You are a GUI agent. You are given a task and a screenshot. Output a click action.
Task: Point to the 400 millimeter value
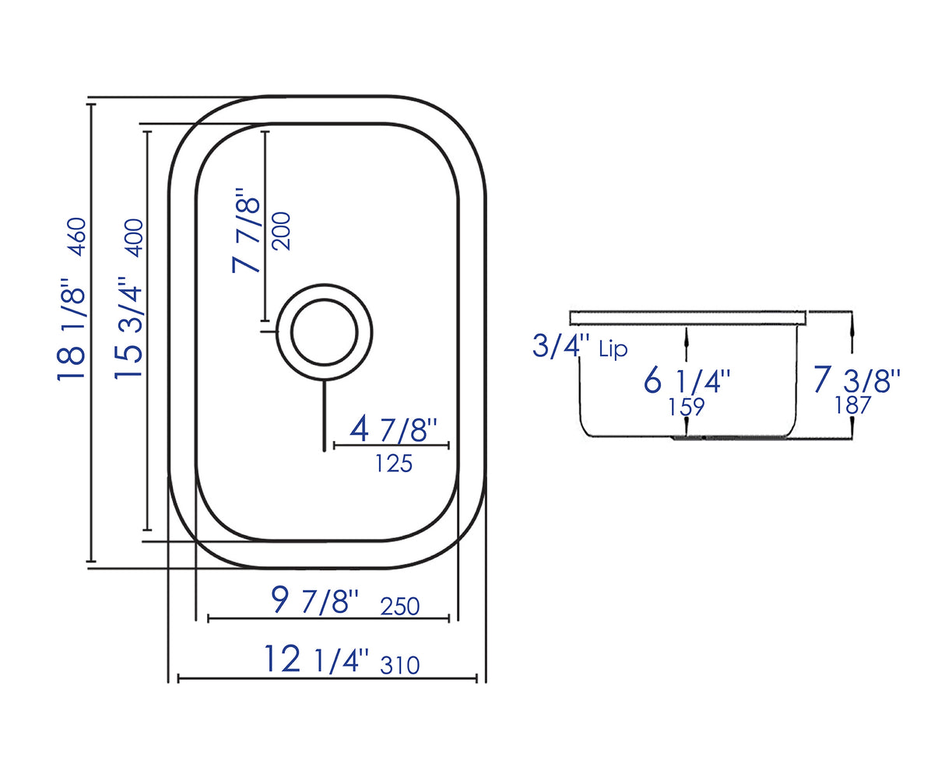(x=134, y=236)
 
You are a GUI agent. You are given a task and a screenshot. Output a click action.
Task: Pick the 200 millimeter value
(x=281, y=230)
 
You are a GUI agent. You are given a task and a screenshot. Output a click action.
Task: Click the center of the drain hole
(x=324, y=332)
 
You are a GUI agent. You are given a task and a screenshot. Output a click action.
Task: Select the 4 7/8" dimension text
(x=394, y=429)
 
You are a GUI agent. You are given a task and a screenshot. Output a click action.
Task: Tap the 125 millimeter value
(x=393, y=464)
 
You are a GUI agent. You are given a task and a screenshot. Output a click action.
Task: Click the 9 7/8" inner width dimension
(x=315, y=600)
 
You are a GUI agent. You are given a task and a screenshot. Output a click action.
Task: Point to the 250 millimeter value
(x=400, y=606)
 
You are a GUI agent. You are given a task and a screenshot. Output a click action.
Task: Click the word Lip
(x=613, y=349)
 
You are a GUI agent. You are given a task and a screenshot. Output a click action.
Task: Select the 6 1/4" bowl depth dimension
(x=687, y=381)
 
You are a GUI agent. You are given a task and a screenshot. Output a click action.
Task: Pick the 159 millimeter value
(x=686, y=407)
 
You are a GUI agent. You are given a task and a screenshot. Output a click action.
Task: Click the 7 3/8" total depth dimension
(x=856, y=380)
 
